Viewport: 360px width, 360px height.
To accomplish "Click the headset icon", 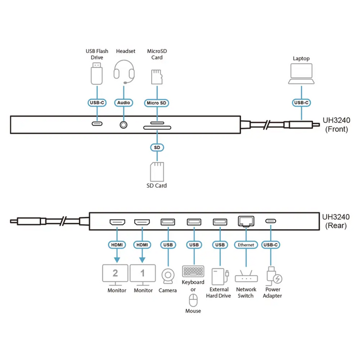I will coord(124,72).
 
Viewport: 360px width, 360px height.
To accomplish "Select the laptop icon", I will coord(301,74).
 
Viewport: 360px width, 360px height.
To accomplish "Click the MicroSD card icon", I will coord(156,77).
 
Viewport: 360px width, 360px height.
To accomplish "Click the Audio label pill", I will coord(124,103).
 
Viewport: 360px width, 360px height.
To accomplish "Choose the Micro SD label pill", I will coord(156,103).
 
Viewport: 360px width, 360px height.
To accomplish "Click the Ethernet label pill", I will coord(245,245).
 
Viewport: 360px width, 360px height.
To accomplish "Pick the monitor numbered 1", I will coord(143,275).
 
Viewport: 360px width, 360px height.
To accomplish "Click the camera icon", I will coord(168,277).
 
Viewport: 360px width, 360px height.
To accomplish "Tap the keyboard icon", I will coord(193,271).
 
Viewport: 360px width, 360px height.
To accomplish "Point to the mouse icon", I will coord(193,300).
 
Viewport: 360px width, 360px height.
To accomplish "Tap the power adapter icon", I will coord(273,277).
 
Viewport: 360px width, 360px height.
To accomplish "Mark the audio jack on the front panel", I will coord(123,124).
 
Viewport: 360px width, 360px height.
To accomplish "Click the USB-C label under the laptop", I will coord(301,103).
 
